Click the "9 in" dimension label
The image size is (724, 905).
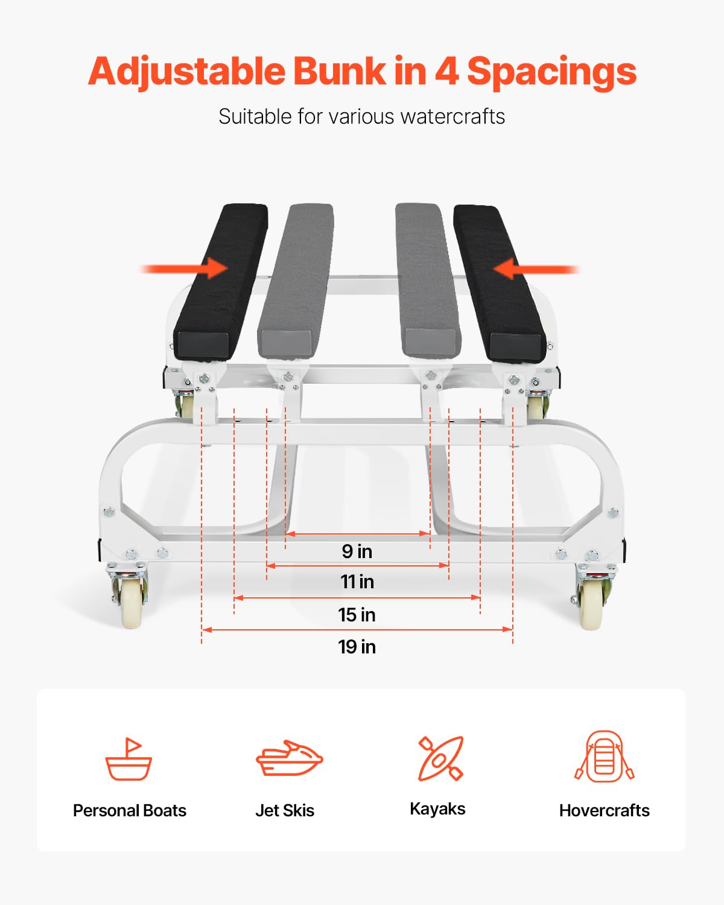357,551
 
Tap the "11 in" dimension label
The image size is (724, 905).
357,582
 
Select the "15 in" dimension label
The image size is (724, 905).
357,615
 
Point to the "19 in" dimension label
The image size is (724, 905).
357,647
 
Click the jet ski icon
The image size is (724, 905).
290,758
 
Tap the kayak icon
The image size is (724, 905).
440,758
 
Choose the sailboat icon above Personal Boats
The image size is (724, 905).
129,758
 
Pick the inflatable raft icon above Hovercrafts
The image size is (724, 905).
604,756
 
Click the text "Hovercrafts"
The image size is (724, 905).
604,810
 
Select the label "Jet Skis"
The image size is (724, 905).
285,810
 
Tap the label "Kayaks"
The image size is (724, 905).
437,809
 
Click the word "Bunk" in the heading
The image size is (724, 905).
339,71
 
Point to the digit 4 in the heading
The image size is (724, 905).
446,71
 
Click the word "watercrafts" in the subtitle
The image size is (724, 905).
453,116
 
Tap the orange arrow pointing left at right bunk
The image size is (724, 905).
536,269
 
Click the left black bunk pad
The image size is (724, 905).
221,282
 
